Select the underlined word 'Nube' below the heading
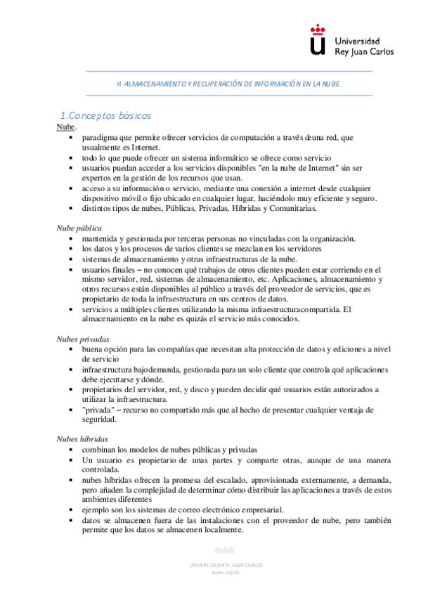click(x=65, y=127)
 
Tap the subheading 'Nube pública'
click(x=79, y=228)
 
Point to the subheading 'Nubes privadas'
click(x=82, y=339)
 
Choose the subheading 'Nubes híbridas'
click(x=82, y=439)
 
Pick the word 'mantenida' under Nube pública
click(x=103, y=238)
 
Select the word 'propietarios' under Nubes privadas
click(x=107, y=389)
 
